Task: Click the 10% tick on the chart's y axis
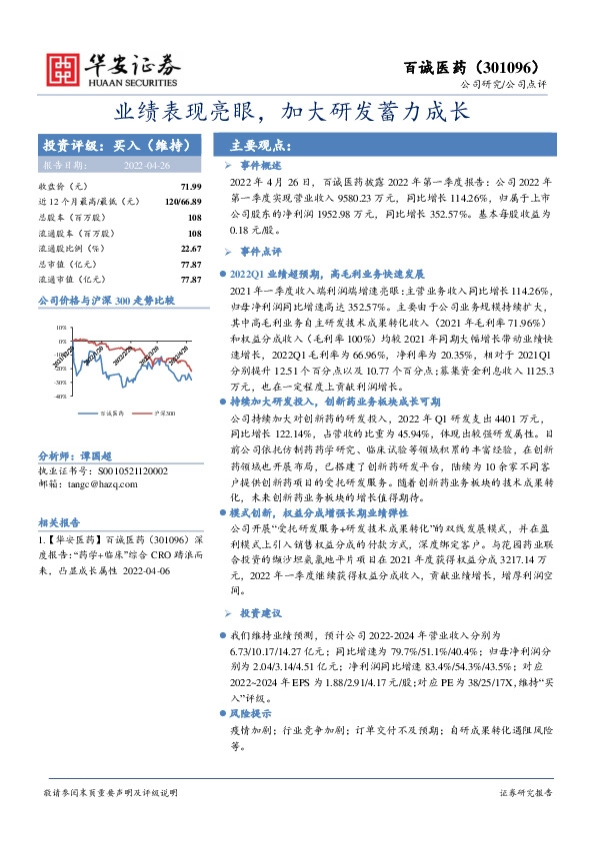pyautogui.click(x=61, y=299)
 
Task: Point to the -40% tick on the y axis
pyautogui.click(x=59, y=368)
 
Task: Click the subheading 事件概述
pyautogui.click(x=262, y=165)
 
